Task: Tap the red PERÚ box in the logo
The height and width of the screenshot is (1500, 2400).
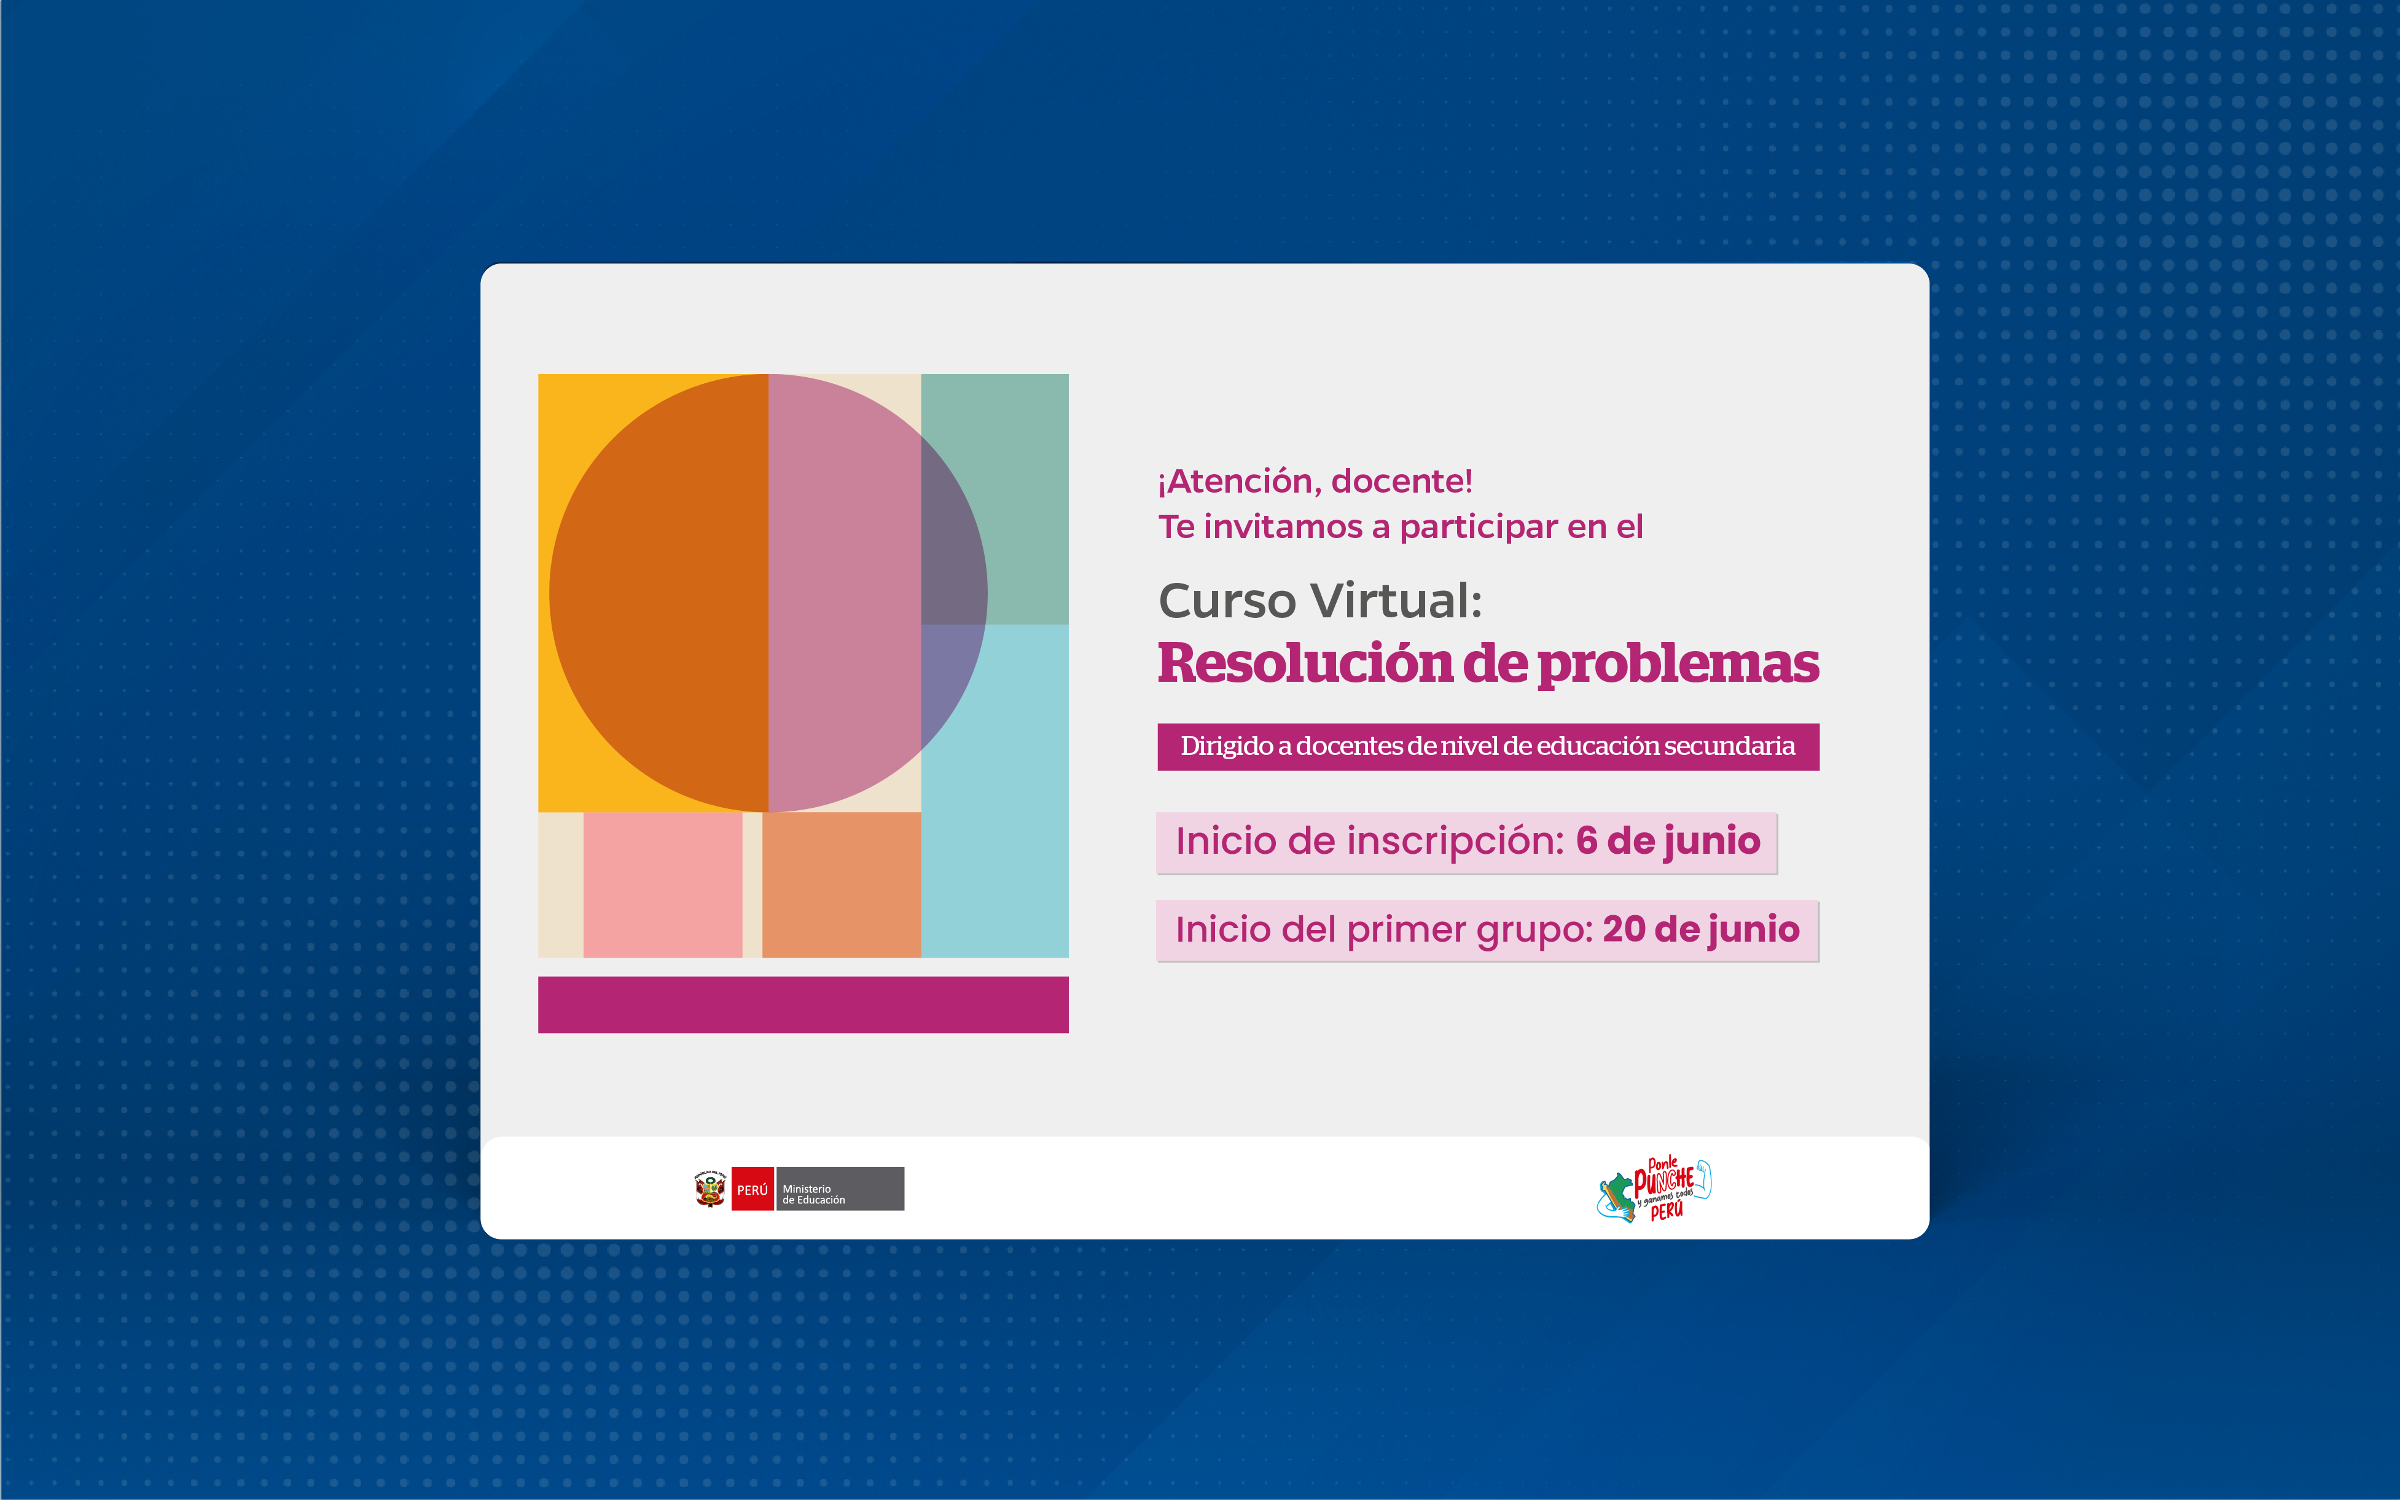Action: [752, 1189]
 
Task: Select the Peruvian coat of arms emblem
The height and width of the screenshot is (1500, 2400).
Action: [710, 1189]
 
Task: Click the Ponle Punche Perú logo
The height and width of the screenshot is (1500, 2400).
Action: [1654, 1189]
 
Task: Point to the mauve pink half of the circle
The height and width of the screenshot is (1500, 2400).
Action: [843, 593]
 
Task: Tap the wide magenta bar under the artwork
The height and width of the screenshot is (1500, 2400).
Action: [803, 1005]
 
